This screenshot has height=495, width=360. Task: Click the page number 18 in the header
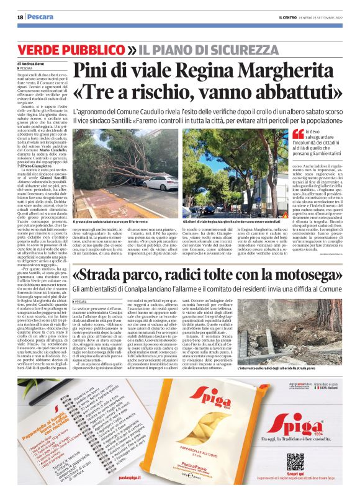(x=19, y=17)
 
